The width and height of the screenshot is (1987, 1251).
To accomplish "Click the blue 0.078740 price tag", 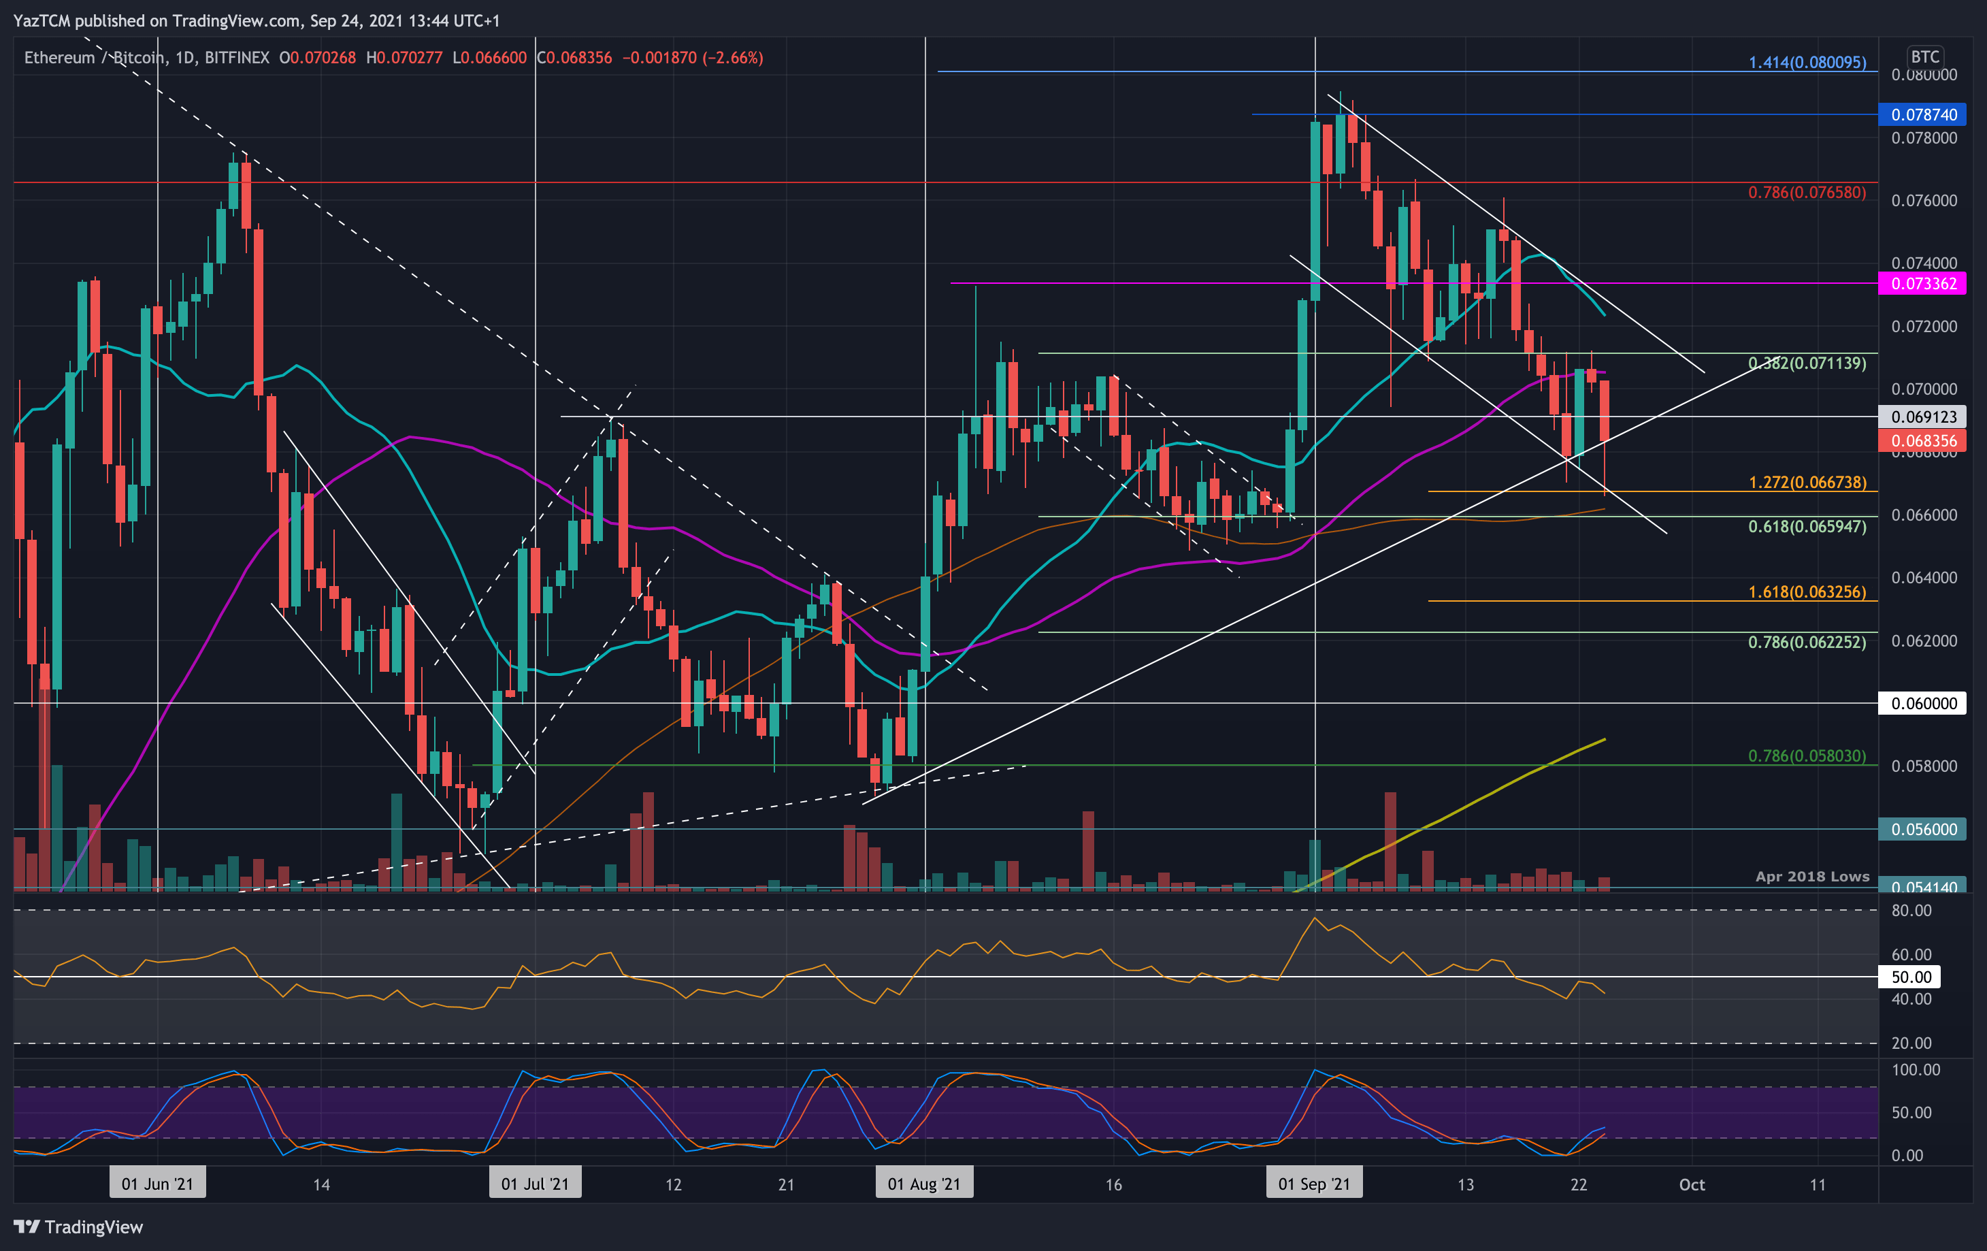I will point(1922,115).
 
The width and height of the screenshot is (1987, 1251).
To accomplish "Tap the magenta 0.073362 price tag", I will point(1922,284).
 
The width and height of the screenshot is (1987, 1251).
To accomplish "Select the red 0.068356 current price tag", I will point(1922,440).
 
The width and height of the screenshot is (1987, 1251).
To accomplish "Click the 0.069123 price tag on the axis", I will point(1922,417).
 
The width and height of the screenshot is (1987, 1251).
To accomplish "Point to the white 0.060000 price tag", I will point(1922,703).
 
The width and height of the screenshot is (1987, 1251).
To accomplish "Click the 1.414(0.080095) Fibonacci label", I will point(1806,62).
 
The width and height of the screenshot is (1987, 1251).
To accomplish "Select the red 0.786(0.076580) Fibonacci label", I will point(1806,192).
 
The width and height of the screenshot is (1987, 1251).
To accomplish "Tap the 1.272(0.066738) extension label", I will point(1806,482).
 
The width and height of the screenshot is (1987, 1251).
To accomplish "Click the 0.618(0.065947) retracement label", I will point(1806,527).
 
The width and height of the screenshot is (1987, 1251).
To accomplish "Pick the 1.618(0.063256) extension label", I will point(1806,591).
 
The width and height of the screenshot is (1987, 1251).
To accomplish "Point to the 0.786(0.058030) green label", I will point(1806,756).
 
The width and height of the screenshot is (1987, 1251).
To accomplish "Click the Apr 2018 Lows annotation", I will point(1812,877).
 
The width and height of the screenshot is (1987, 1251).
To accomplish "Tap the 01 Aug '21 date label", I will point(923,1184).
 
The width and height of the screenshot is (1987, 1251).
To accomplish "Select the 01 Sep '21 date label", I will point(1313,1184).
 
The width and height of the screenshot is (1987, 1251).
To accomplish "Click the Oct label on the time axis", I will point(1692,1184).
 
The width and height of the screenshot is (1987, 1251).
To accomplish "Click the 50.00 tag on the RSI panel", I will point(1911,977).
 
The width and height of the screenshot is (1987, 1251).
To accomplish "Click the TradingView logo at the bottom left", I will point(78,1227).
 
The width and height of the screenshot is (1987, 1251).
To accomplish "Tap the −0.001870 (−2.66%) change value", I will point(691,58).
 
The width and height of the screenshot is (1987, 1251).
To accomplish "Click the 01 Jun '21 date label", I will point(157,1184).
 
